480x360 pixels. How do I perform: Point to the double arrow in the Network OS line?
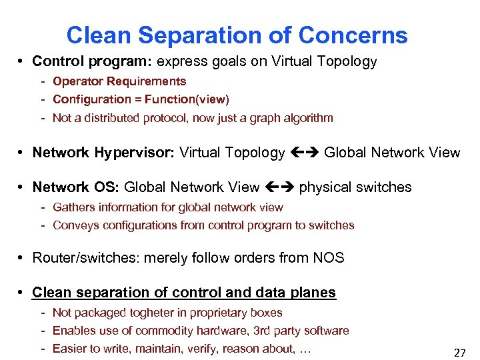(279, 187)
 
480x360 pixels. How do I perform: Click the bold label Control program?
(93, 62)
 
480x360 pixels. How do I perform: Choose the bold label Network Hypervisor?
(103, 153)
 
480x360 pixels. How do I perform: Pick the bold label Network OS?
(76, 187)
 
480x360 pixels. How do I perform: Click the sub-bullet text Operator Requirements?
(119, 81)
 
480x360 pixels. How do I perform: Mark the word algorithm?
(307, 118)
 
